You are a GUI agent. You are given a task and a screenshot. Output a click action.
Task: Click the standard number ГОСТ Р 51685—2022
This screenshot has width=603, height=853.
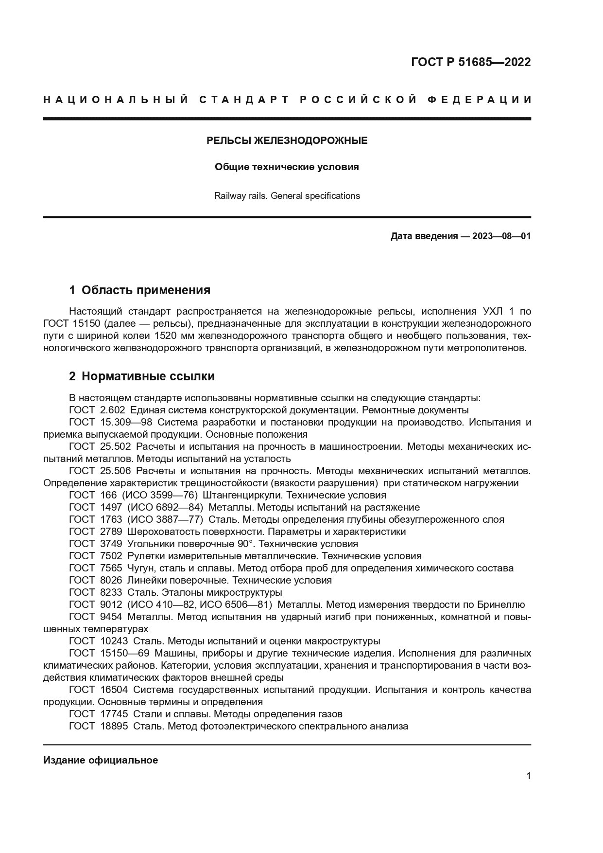point(471,62)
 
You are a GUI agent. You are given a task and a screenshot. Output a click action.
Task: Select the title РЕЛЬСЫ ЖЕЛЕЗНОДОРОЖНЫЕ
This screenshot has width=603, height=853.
point(287,141)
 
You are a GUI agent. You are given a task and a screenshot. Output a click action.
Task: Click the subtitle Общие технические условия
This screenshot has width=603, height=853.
point(287,167)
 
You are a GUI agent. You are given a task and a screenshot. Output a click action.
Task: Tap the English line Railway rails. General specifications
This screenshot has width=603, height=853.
point(287,196)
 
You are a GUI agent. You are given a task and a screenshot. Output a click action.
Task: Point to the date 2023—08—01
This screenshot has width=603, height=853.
point(501,236)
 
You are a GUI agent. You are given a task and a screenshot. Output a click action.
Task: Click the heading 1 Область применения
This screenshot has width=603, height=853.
point(139,290)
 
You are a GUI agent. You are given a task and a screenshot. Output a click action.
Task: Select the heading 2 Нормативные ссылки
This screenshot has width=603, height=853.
point(141,376)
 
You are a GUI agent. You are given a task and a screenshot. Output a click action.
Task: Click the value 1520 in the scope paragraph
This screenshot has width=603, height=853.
point(164,336)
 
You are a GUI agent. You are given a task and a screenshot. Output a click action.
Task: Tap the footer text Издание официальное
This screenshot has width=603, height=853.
point(101,760)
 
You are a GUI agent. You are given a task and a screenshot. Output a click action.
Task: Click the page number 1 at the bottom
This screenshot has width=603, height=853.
point(528,776)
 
